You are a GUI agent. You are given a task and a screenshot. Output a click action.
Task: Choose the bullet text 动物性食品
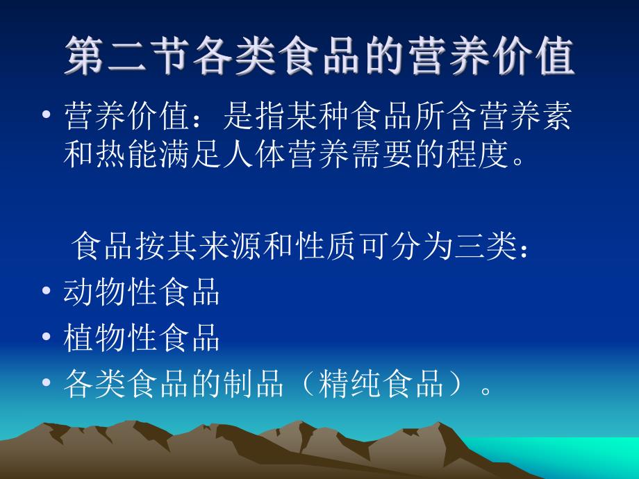click(x=142, y=292)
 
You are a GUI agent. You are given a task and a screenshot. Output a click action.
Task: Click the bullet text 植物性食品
click(x=142, y=337)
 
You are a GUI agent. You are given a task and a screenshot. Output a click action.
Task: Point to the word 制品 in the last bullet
click(x=251, y=383)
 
